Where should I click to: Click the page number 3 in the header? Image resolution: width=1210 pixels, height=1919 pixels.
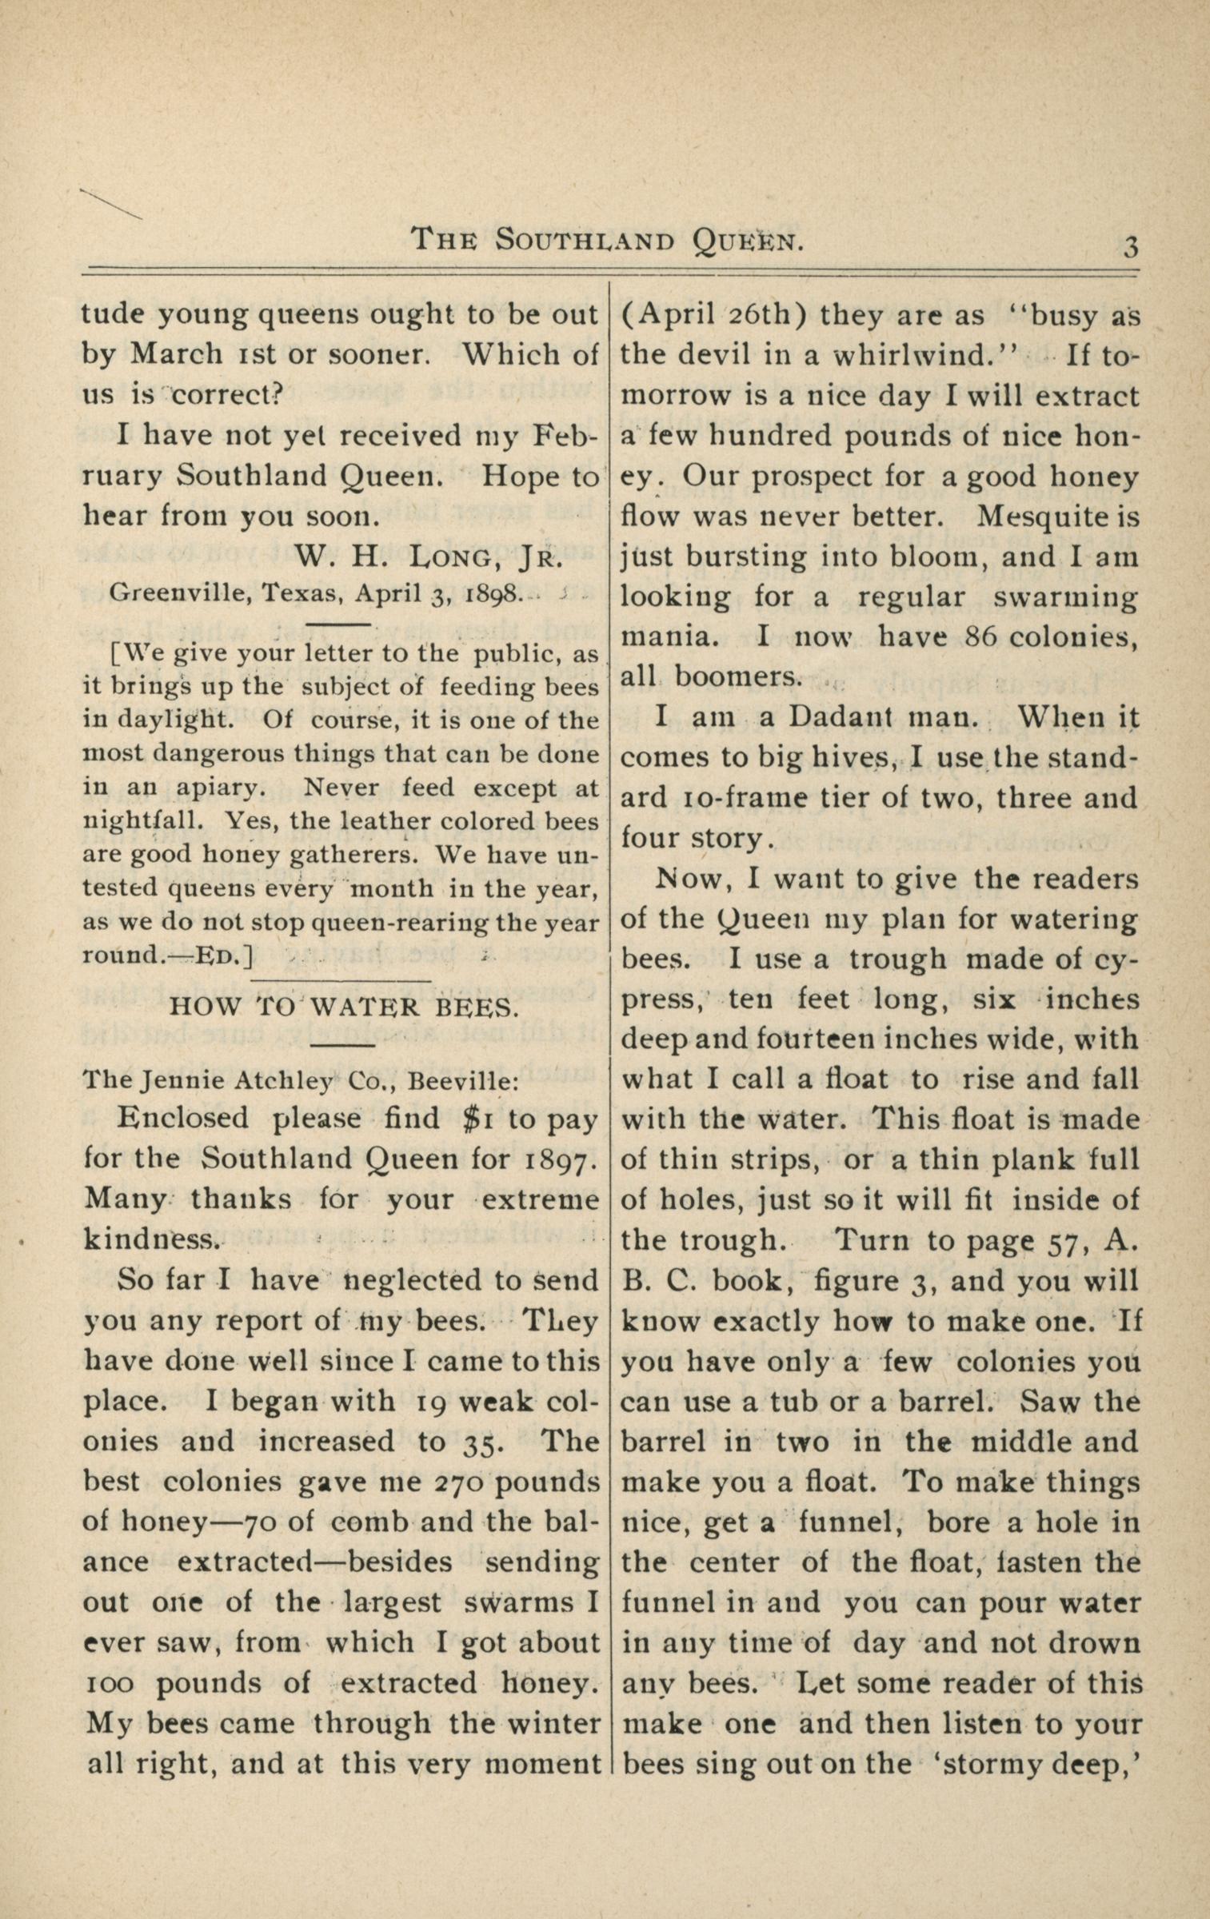1129,245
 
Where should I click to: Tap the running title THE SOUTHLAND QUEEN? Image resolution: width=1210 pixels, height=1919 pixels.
607,239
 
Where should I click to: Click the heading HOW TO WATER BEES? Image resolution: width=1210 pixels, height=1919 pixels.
345,1007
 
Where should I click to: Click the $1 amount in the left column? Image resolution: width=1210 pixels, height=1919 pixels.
478,1119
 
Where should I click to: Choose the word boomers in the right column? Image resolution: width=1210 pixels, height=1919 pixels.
737,677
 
